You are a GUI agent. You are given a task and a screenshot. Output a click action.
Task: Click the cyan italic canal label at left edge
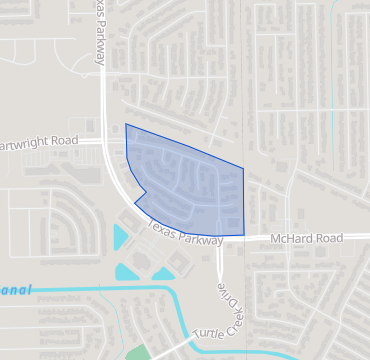15,289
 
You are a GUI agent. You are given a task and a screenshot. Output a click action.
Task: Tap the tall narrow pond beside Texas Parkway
121,239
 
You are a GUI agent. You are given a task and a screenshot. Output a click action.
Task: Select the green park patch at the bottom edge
137,352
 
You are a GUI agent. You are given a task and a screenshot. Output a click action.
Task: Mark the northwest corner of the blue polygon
125,124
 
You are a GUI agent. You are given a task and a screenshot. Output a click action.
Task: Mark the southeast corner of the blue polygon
244,236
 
